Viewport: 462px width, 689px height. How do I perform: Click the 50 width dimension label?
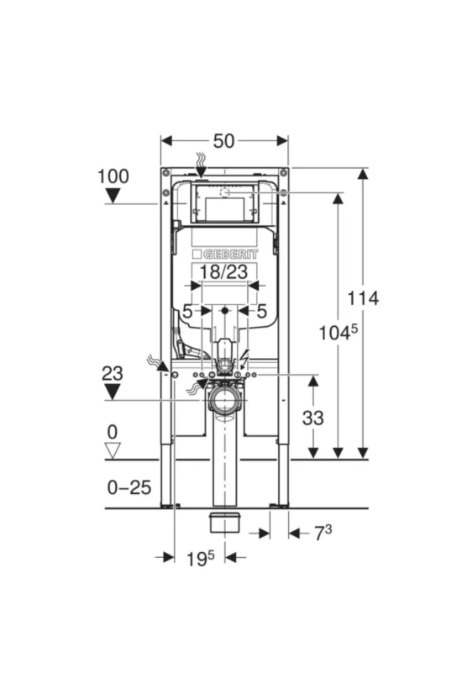[x=224, y=141]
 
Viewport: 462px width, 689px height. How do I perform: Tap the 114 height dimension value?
[x=363, y=298]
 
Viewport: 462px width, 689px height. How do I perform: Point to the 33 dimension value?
[x=312, y=418]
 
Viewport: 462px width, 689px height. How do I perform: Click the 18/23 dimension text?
[x=224, y=272]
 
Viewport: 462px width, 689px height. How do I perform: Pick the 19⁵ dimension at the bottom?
[x=201, y=559]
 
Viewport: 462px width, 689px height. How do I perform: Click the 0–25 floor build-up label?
[x=129, y=487]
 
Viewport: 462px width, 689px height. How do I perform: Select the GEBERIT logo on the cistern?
[x=225, y=254]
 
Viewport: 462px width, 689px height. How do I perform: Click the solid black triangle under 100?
[x=113, y=195]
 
